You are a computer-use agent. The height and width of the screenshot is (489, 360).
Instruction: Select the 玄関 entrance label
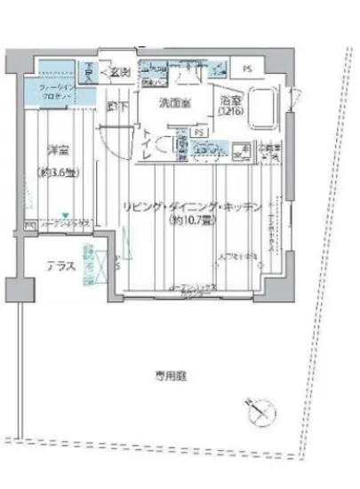pos(121,72)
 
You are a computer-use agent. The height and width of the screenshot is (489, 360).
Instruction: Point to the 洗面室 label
pos(173,103)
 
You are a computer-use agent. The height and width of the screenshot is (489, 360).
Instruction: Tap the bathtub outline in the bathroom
pos(267,107)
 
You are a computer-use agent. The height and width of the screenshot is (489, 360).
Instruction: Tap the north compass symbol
pos(258,410)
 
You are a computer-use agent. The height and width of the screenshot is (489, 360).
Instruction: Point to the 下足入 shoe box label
pos(90,69)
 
